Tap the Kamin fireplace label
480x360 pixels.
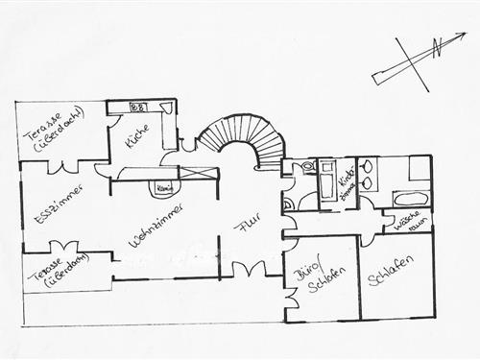click(163, 188)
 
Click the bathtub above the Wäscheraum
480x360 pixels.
click(407, 201)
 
